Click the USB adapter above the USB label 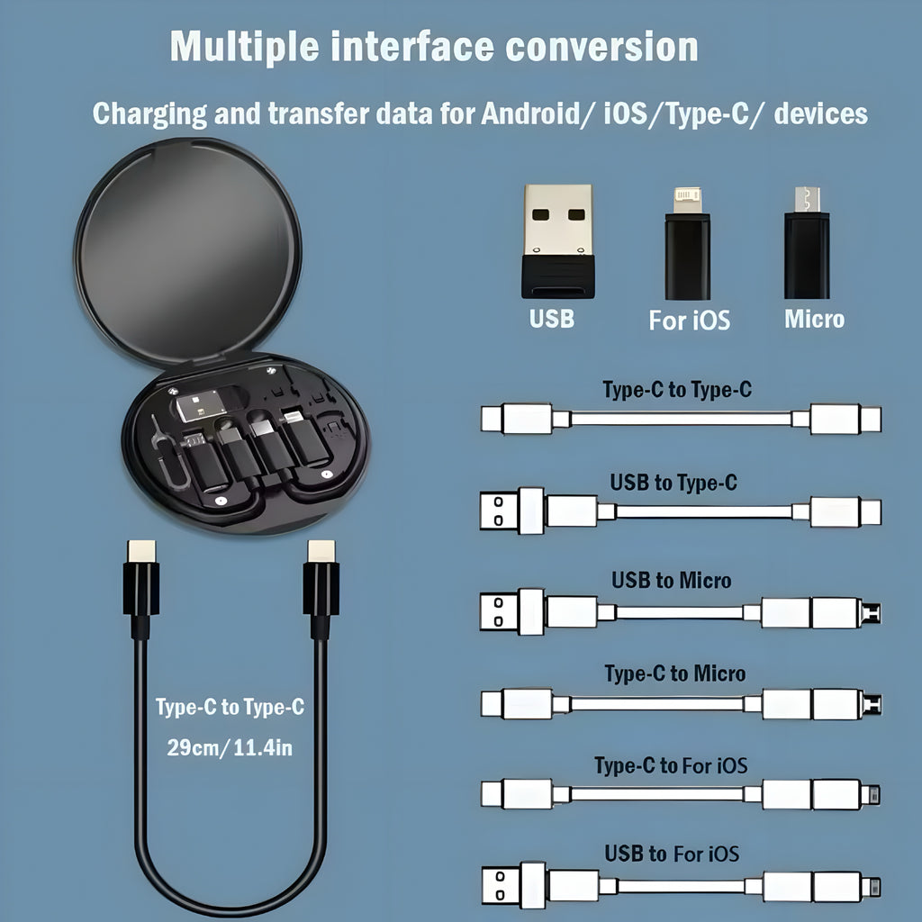557,240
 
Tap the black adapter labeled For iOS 688,246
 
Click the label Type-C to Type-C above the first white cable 676,390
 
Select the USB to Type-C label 673,483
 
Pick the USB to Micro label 671,580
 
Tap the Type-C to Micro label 674,673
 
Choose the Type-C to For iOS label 671,766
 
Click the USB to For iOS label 672,853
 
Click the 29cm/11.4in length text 230,747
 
